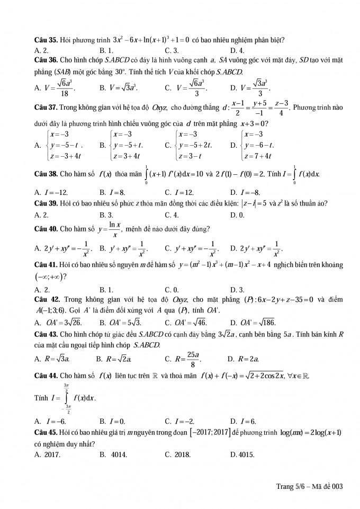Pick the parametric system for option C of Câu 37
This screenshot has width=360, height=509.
pyautogui.click(x=193, y=145)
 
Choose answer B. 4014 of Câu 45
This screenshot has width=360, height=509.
pyautogui.click(x=114, y=454)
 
